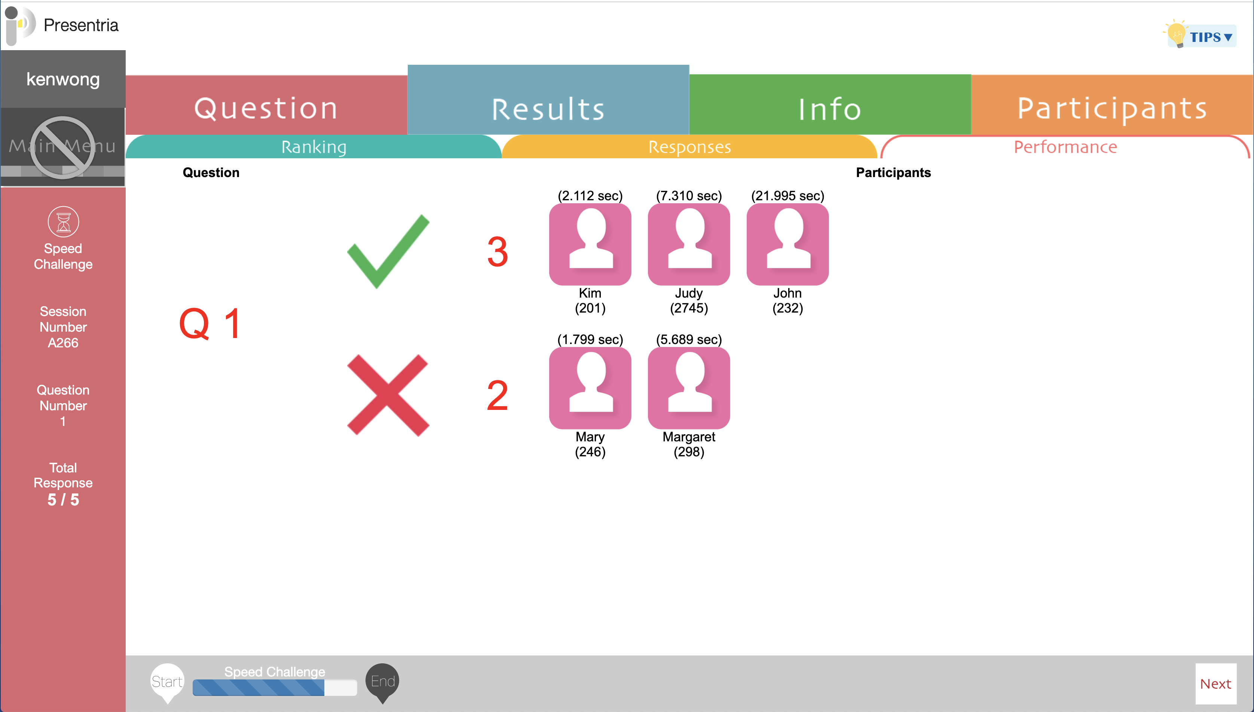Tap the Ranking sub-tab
[314, 147]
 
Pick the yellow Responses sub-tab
[689, 147]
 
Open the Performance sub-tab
[1065, 147]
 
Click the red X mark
[388, 395]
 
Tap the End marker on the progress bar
[383, 682]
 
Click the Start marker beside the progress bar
[167, 682]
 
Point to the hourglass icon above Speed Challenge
[64, 222]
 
